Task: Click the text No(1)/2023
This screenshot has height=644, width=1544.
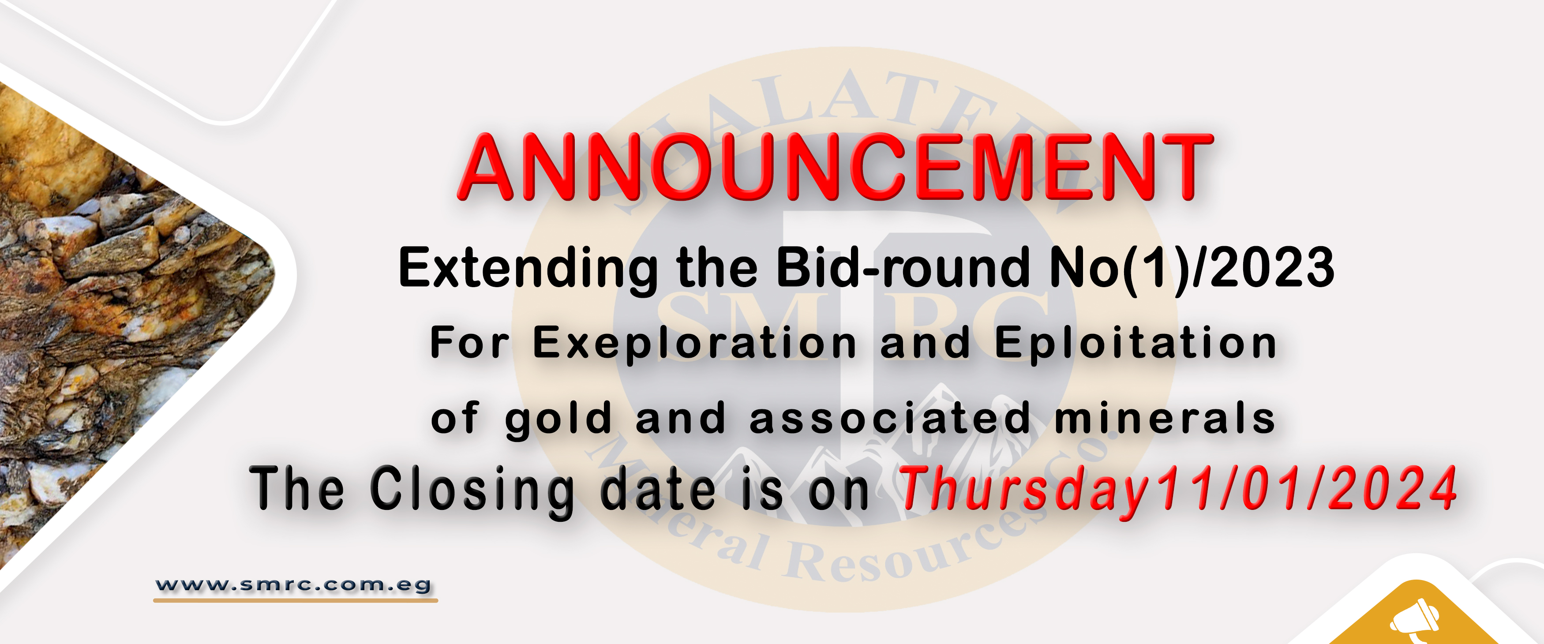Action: pyautogui.click(x=1192, y=268)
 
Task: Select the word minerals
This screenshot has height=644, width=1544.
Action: pyautogui.click(x=1164, y=418)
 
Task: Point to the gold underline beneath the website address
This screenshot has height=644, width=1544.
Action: pyautogui.click(x=296, y=599)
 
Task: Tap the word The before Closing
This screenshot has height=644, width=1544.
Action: pyautogui.click(x=297, y=490)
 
